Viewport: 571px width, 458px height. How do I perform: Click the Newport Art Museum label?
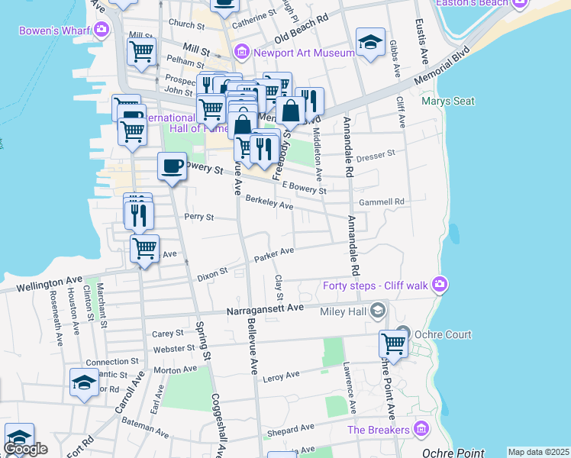[x=304, y=53]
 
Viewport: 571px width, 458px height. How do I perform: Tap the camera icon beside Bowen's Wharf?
[x=102, y=30]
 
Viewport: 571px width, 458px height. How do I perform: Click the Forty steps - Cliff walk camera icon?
[x=438, y=285]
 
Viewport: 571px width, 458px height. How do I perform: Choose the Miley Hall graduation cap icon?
[x=377, y=311]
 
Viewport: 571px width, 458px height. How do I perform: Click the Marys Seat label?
[x=447, y=102]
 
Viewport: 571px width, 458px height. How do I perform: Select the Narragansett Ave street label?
[x=265, y=309]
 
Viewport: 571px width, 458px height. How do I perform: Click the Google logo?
[x=25, y=449]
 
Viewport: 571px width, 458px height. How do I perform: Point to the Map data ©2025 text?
[x=538, y=452]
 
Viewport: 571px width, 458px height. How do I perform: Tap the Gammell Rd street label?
[x=381, y=202]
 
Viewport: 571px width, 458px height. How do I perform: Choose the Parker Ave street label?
[x=274, y=253]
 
